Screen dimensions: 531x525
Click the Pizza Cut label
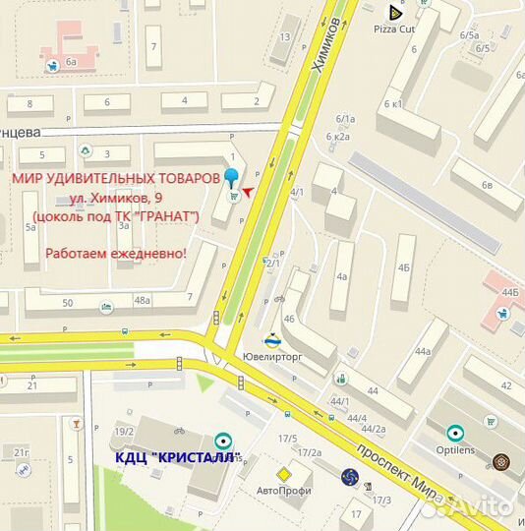coord(395,30)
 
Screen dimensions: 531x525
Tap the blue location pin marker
coord(232,178)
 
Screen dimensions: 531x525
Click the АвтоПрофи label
coord(283,490)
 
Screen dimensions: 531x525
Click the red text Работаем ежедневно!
coord(116,254)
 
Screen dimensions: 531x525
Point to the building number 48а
coord(144,300)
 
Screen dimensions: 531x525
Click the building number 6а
coord(72,62)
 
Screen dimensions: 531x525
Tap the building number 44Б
coord(509,292)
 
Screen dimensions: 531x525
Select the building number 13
coord(285,37)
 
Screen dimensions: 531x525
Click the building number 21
coord(32,384)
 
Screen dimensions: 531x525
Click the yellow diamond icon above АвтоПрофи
coord(283,474)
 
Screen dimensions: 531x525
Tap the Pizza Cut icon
coord(395,13)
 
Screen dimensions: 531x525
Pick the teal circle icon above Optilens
coord(454,432)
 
